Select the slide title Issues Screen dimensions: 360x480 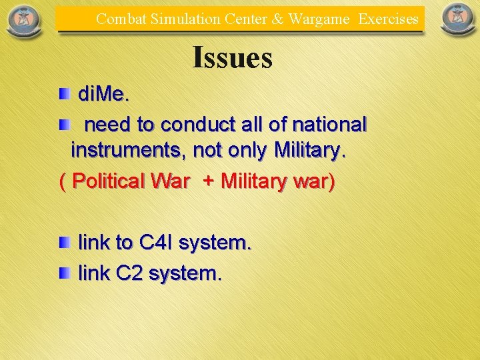(x=232, y=57)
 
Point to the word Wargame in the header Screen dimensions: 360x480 (x=319, y=19)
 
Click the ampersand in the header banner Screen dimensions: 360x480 (x=277, y=19)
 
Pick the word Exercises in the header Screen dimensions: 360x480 (x=388, y=19)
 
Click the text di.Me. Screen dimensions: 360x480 (x=104, y=95)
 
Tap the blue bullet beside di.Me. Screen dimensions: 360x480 (x=63, y=94)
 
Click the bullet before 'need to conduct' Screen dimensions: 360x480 (x=63, y=124)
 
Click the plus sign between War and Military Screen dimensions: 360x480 (x=208, y=181)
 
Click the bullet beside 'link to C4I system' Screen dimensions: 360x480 (x=63, y=243)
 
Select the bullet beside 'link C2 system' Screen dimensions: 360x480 (x=63, y=273)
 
